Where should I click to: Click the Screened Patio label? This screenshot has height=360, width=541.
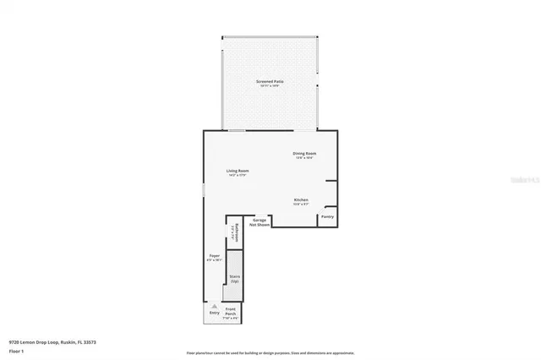pos(270,81)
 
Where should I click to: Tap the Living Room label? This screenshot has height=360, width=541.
pos(238,171)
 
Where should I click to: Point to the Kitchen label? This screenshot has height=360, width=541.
pos(301,199)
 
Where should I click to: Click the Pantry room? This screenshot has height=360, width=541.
pos(327,217)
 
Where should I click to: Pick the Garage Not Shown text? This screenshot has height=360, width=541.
pos(260,222)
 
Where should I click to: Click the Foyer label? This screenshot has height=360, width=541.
pos(215,255)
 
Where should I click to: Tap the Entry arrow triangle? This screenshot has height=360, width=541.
pos(215,307)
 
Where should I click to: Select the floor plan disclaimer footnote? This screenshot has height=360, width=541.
pos(270,352)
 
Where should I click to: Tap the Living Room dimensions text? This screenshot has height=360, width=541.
pos(238,175)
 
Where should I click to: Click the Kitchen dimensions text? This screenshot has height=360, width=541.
pos(301,204)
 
